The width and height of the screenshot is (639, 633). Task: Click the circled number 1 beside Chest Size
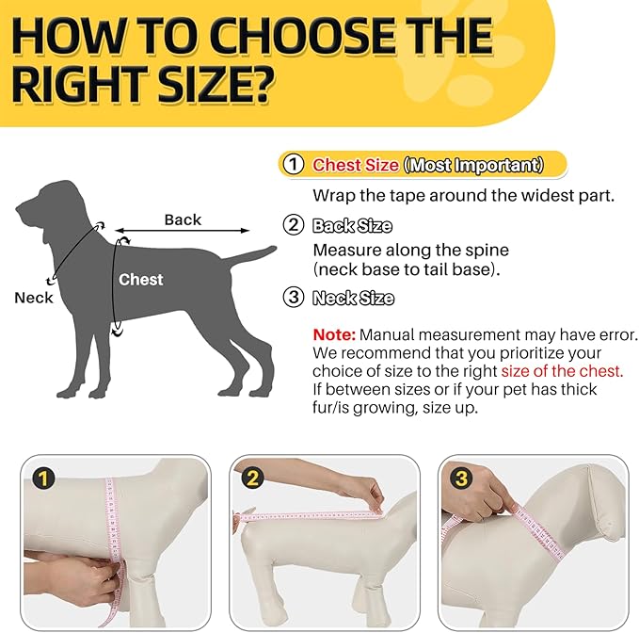click(295, 164)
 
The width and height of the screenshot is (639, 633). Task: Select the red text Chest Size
click(356, 165)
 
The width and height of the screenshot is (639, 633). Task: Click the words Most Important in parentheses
click(473, 165)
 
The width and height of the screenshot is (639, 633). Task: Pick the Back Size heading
click(352, 226)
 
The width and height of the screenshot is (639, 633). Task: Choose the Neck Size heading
click(353, 299)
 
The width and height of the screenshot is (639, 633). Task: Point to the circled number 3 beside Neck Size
click(295, 299)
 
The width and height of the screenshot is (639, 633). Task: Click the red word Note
click(333, 335)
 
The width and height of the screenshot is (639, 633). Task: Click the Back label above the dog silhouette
click(183, 219)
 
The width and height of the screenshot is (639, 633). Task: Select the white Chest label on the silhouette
click(140, 280)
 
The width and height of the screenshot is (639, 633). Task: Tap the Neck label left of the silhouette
click(34, 298)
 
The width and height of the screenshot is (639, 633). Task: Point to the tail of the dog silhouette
click(251, 255)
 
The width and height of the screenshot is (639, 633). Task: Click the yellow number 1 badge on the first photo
click(42, 479)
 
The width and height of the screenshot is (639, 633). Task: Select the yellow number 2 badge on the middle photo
click(251, 479)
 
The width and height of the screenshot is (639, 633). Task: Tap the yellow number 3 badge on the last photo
click(460, 479)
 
